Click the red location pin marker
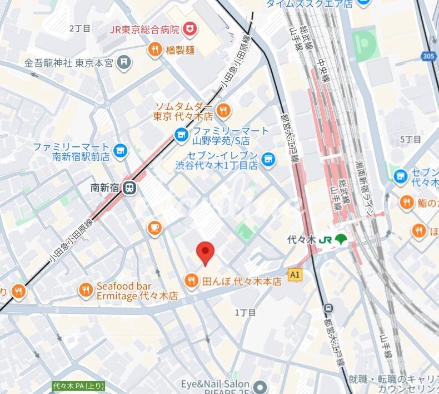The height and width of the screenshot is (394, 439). (206, 254)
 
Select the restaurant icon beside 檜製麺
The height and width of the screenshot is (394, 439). (155, 50)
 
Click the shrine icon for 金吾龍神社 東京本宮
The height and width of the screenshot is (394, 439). (125, 62)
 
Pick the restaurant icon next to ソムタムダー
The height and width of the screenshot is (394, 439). (223, 110)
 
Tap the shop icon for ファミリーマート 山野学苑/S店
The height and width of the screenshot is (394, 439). (181, 134)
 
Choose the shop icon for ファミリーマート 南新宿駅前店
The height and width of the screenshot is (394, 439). (119, 150)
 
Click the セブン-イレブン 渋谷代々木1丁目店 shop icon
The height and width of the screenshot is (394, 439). (268, 160)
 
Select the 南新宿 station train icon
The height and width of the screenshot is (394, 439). (130, 188)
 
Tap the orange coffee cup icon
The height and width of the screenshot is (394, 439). (154, 227)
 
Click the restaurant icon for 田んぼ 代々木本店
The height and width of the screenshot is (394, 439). (191, 281)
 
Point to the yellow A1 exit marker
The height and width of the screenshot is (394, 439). (295, 274)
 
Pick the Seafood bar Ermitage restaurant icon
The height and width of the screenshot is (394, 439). (86, 290)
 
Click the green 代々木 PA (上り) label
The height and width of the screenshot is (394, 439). (78, 386)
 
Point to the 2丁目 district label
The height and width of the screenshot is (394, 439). (79, 28)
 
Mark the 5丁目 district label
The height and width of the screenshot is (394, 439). (411, 139)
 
